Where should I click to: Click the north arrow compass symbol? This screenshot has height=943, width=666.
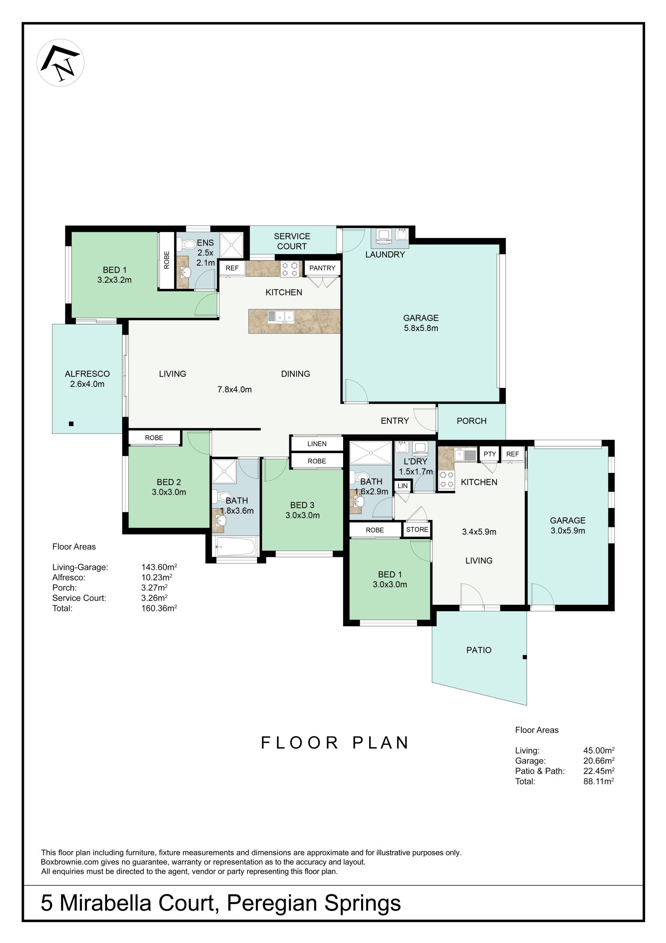coord(60,62)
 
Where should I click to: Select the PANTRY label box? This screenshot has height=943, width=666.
coord(322,268)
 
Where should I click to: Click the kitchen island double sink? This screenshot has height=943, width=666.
coord(281,317)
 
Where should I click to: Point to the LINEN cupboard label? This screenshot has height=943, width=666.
coord(317,444)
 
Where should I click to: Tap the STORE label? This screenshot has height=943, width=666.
coord(417,529)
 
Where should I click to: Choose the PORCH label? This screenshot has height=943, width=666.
coord(471,420)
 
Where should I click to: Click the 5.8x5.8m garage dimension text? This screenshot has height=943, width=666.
coord(421,328)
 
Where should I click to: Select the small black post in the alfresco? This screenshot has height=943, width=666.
coord(71,424)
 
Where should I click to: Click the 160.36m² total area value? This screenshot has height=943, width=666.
coord(159,608)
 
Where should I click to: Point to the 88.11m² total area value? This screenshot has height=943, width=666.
coord(599,781)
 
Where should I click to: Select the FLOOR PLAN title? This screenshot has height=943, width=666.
coord(335,743)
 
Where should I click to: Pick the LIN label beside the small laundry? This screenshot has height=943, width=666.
coord(403,485)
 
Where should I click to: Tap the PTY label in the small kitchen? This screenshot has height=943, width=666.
coord(489,454)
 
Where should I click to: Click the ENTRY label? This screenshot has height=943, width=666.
coord(395,420)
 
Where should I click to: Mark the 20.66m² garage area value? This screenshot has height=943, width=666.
coord(599,760)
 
